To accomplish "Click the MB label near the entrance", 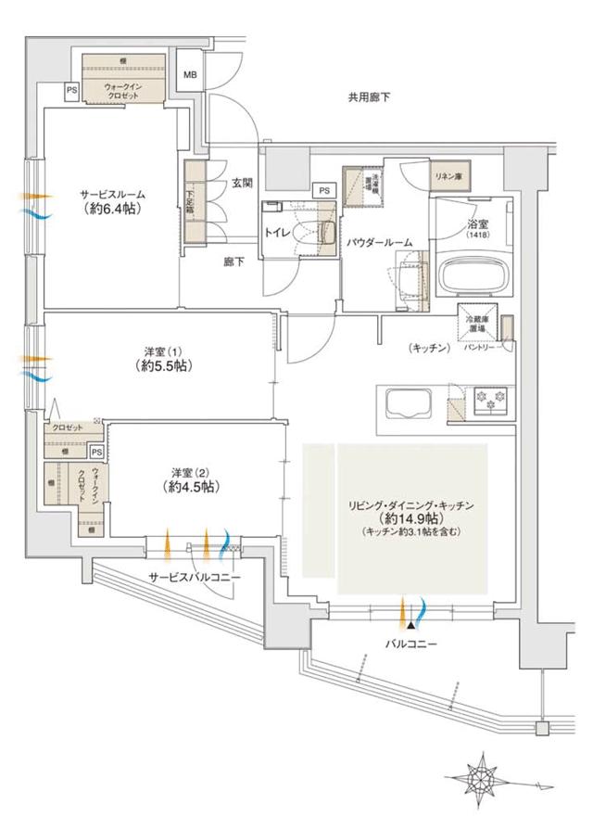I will pyautogui.click(x=190, y=76).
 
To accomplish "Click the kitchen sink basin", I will pyautogui.click(x=409, y=405).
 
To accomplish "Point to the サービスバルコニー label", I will pyautogui.click(x=195, y=577).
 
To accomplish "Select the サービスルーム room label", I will pyautogui.click(x=112, y=195).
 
